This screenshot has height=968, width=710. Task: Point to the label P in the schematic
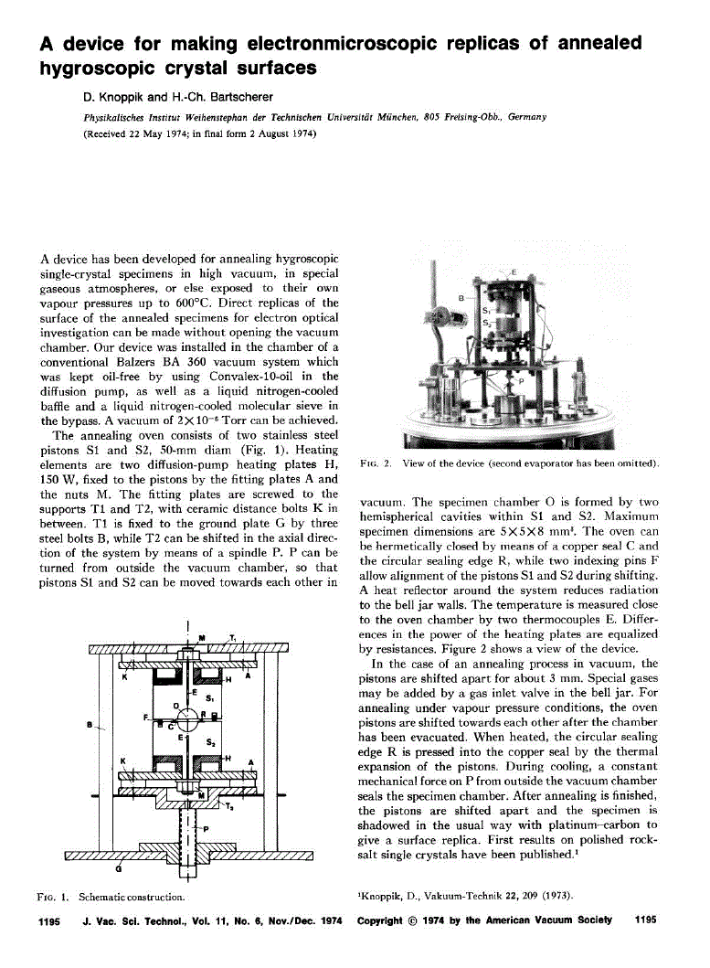pyautogui.click(x=206, y=828)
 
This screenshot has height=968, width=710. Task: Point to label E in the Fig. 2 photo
pyautogui.click(x=513, y=272)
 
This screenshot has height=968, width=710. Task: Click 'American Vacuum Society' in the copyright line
pyautogui.click(x=557, y=920)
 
